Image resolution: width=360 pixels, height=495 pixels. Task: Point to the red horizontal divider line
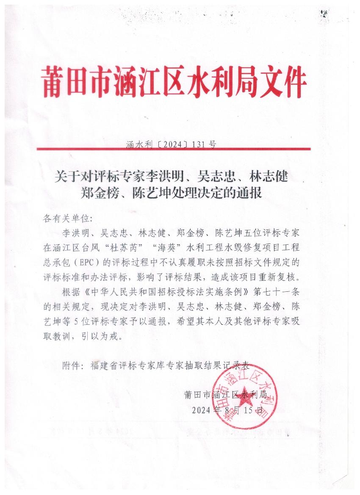pos(173,149)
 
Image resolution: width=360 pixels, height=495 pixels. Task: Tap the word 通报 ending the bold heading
pos(251,193)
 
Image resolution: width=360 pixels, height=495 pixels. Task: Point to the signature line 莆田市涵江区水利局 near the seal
pos(225,395)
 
